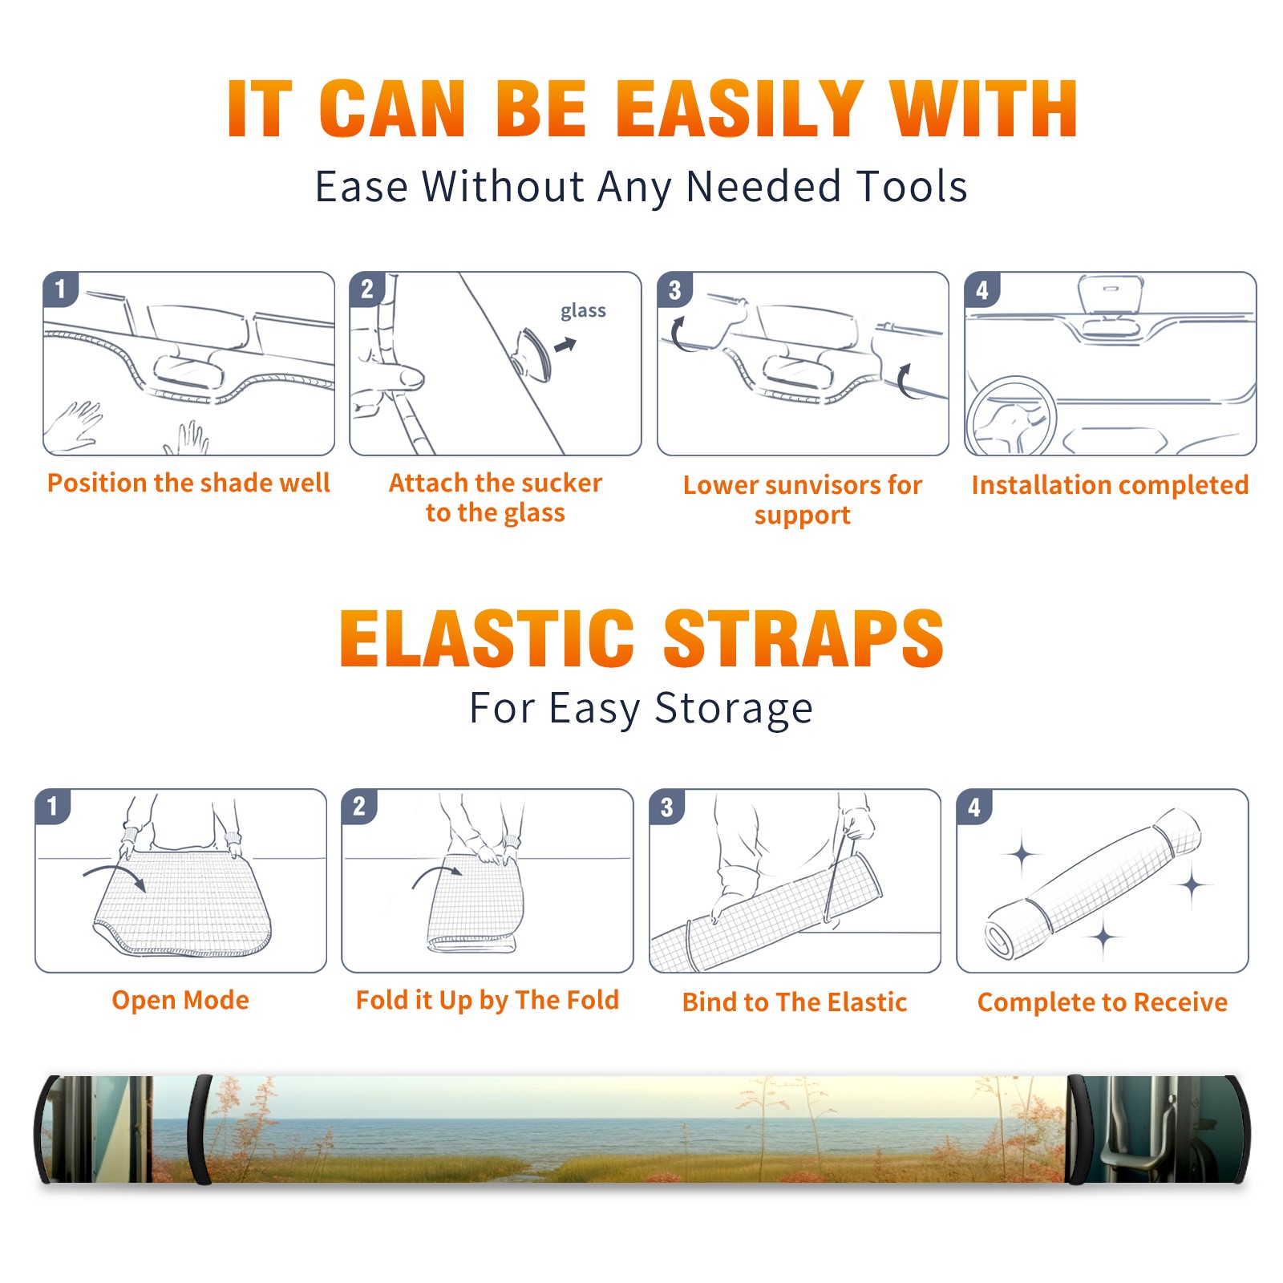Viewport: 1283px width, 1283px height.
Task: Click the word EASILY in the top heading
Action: coord(739,109)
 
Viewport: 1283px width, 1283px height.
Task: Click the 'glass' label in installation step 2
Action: coord(583,311)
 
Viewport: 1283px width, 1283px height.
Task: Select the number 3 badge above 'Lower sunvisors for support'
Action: coord(674,289)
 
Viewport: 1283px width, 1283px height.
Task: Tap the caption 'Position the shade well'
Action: coord(188,483)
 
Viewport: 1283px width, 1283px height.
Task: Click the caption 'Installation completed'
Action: coord(1110,485)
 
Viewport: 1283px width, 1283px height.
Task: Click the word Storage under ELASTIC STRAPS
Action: coord(734,709)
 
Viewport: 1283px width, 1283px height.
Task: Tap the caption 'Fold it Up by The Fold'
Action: coord(488,1000)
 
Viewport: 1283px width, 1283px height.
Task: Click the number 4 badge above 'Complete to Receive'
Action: coord(974,807)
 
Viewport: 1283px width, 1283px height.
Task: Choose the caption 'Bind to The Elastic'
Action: coord(795,1002)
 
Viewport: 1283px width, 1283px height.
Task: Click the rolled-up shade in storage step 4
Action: coord(1093,884)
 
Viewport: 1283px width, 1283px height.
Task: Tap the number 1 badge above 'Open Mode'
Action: coord(53,806)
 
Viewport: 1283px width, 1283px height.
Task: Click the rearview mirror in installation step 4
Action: coord(1111,296)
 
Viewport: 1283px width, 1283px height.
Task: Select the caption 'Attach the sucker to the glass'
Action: coord(496,498)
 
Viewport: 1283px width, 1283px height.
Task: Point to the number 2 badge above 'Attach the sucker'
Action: coord(367,289)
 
